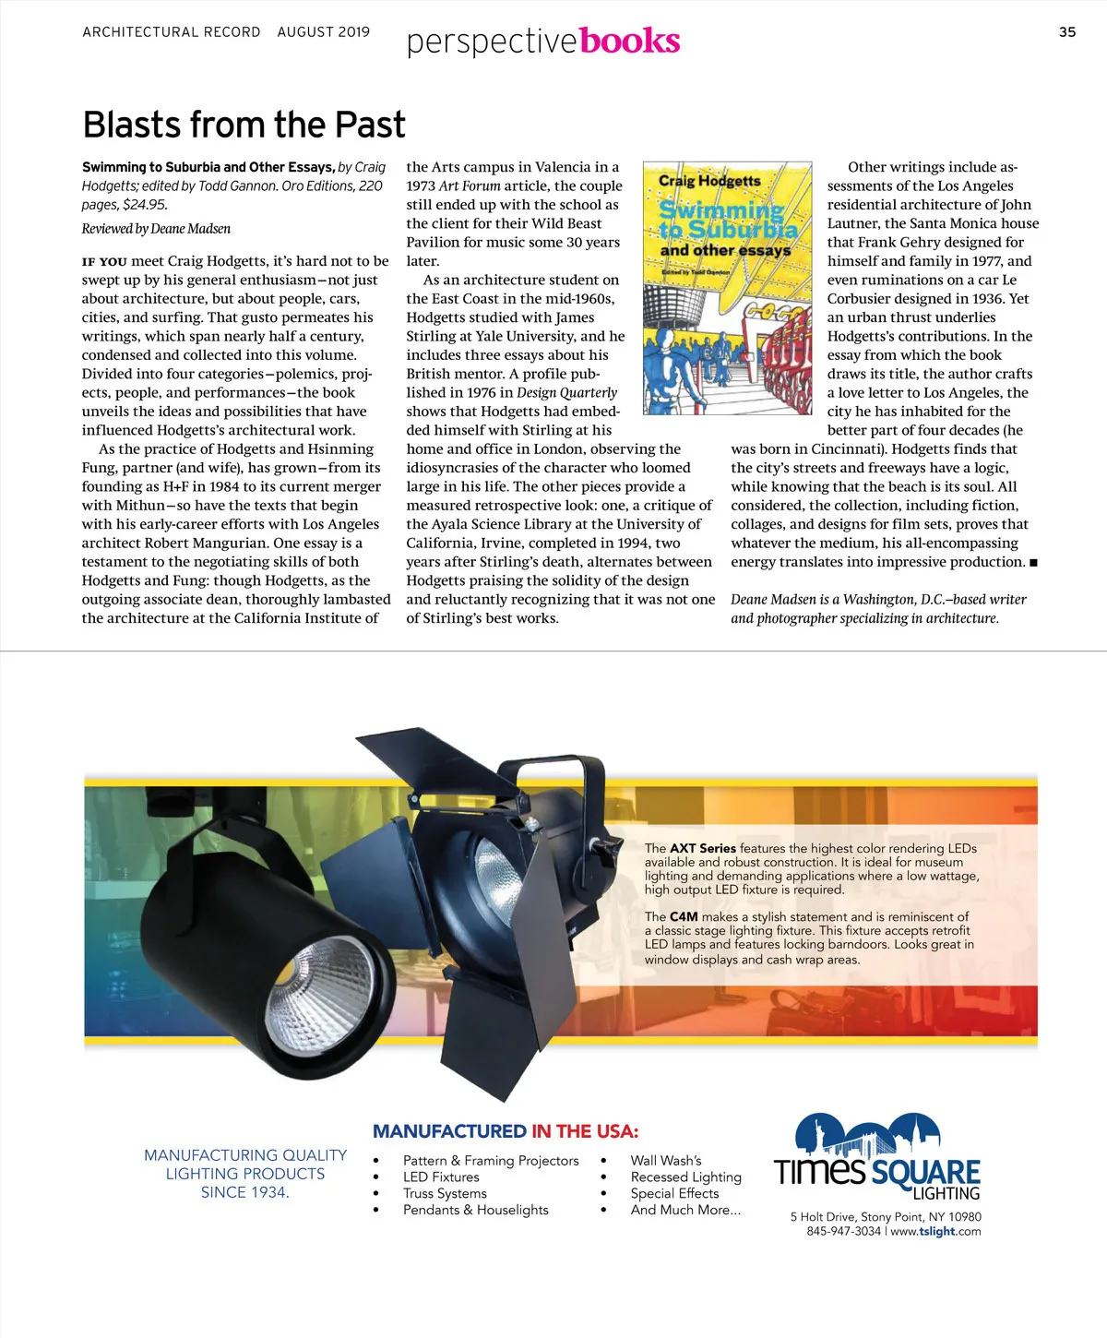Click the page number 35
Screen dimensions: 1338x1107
coord(1066,32)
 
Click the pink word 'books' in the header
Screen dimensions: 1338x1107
coord(630,41)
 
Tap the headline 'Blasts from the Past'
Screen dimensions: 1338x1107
coord(244,125)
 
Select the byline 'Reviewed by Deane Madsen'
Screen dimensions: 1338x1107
coord(156,229)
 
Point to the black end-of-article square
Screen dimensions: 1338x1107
coord(1033,563)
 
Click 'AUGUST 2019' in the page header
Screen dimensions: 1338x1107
coord(323,32)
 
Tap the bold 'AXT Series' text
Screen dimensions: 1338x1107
coord(703,848)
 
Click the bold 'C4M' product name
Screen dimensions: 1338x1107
coord(684,916)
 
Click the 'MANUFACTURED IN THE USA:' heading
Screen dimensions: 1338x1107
coord(505,1131)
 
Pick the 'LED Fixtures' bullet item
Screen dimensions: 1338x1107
coord(441,1177)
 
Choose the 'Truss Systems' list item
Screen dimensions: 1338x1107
coord(445,1193)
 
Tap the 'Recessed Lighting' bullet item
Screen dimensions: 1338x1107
coord(685,1177)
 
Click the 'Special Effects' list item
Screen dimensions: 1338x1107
coord(674,1193)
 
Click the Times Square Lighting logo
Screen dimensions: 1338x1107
coord(876,1158)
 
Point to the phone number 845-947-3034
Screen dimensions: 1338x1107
coord(843,1231)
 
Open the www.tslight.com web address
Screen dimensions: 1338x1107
coord(935,1231)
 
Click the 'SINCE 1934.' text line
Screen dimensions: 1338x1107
coord(245,1192)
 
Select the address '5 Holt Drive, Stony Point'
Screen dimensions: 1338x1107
coord(857,1217)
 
